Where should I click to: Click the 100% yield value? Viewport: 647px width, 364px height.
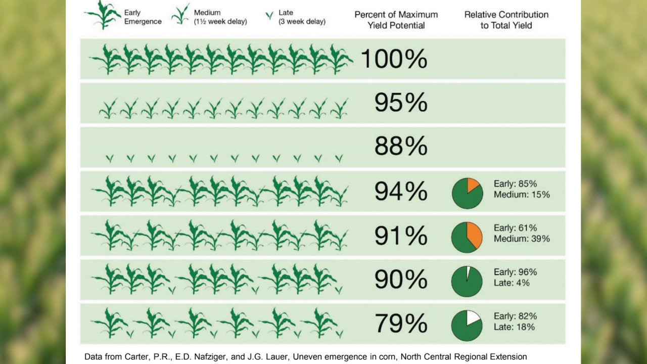point(394,59)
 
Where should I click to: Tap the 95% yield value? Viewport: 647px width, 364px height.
point(401,103)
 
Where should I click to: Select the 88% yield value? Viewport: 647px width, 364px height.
point(401,147)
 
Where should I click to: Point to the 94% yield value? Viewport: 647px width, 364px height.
point(401,192)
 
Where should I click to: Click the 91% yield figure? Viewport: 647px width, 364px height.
point(401,236)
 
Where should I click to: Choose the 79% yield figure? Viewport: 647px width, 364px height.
point(401,324)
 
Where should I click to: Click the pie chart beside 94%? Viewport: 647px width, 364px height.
point(467,193)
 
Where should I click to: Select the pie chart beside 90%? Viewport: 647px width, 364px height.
point(467,282)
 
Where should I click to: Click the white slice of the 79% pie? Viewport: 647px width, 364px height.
point(473,317)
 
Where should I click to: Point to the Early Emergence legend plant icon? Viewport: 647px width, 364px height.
point(103,15)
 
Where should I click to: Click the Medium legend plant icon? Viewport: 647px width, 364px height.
point(180,15)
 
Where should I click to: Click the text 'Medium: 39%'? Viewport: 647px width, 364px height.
point(522,239)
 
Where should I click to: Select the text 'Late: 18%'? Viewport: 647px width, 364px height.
point(514,327)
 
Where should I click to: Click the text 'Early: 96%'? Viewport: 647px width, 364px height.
point(515,272)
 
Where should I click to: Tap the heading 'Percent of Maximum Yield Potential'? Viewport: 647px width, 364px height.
point(396,20)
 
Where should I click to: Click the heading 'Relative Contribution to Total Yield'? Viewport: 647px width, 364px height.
point(506,20)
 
